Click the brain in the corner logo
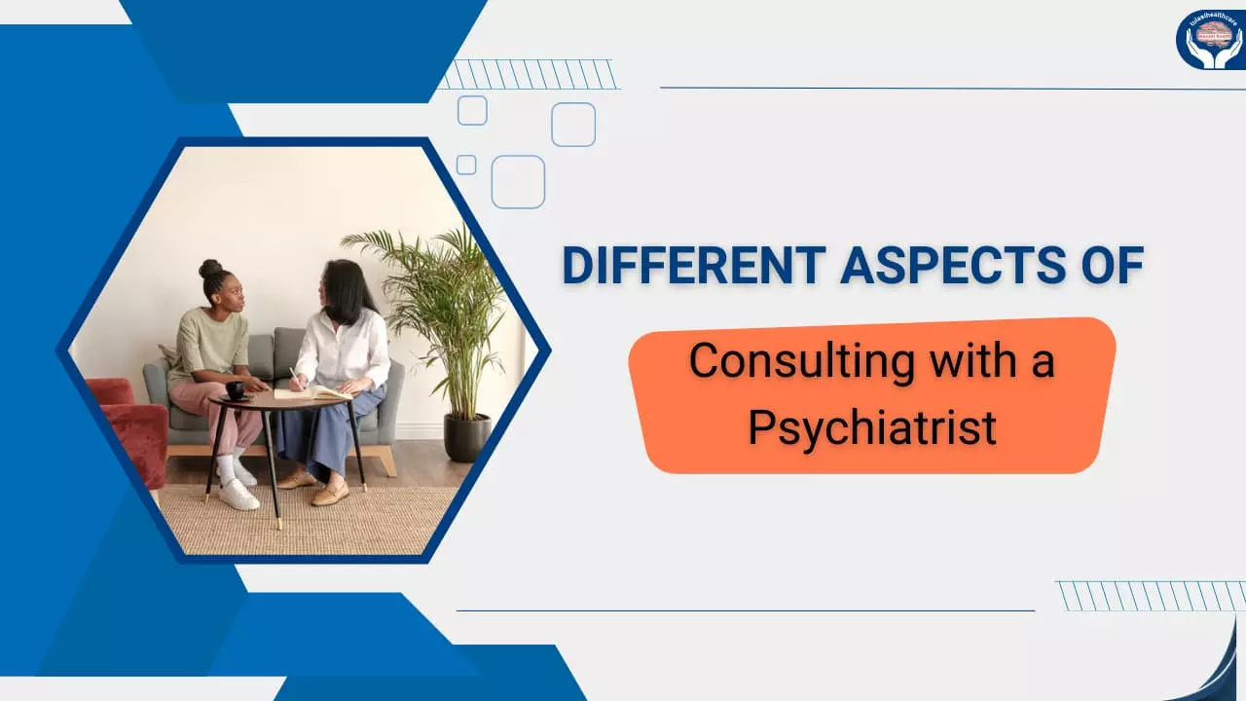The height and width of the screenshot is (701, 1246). (1213, 35)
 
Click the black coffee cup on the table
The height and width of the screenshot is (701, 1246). (235, 389)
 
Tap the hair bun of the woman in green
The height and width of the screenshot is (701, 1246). (210, 268)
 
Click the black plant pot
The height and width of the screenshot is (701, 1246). (467, 437)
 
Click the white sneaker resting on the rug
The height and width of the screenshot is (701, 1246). (238, 494)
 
